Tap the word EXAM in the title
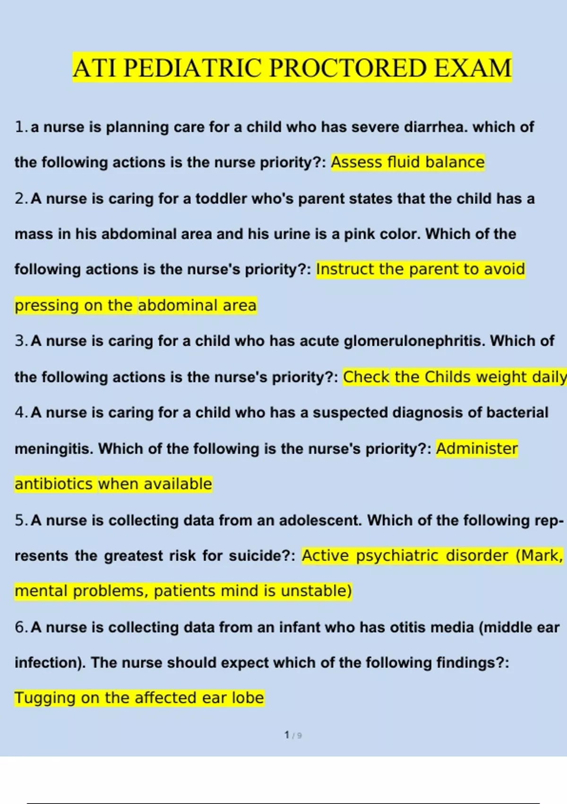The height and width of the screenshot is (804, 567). [472, 68]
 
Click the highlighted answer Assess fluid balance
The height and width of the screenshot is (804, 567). [408, 162]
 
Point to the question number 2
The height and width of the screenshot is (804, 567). [20, 199]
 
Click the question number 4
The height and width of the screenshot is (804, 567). [20, 412]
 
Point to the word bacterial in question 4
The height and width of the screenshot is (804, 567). [517, 412]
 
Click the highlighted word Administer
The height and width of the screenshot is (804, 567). [477, 448]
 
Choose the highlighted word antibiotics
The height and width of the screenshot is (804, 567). [54, 484]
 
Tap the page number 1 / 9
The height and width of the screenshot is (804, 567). [293, 735]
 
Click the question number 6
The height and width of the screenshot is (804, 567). [20, 627]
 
